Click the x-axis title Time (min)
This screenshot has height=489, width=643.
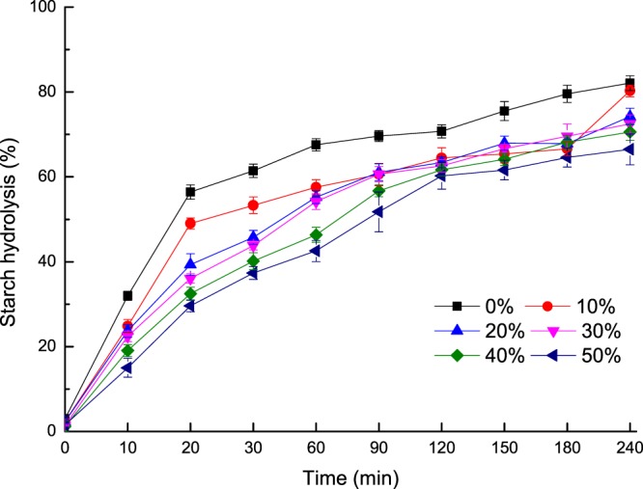[x=348, y=476]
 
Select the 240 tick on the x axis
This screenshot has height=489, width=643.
[x=630, y=448]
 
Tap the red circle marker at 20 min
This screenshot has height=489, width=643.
[x=190, y=224]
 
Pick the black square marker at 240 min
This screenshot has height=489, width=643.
[x=630, y=84]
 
